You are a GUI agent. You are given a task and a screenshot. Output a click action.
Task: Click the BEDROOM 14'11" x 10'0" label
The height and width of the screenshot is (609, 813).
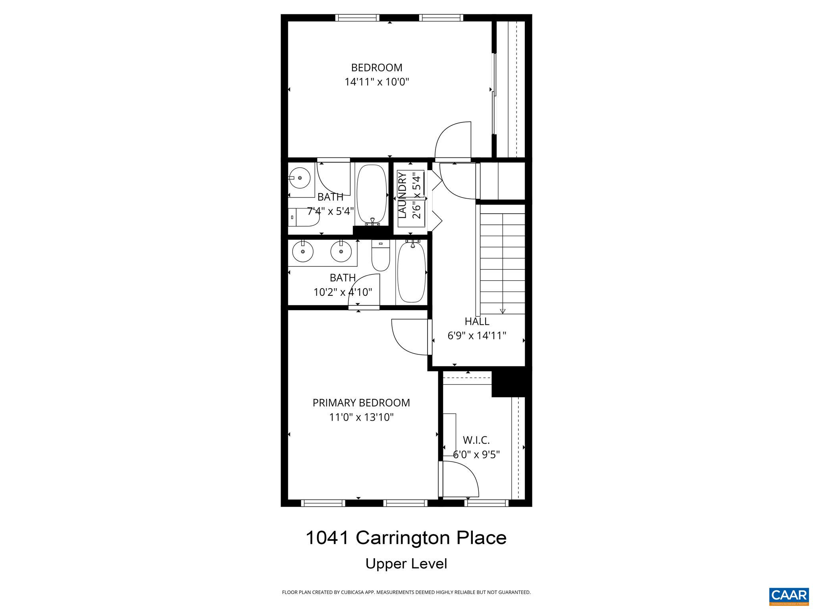(376, 75)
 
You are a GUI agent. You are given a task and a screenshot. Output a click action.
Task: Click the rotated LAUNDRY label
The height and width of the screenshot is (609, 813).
(402, 195)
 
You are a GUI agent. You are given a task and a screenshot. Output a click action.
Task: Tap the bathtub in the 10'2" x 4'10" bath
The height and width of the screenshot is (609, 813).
(411, 272)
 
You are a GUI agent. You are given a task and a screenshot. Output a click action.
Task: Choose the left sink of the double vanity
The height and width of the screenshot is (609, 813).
(303, 251)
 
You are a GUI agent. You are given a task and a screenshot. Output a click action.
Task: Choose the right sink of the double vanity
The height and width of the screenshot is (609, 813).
(341, 251)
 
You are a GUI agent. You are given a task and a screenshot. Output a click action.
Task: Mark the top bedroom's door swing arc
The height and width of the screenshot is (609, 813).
(453, 140)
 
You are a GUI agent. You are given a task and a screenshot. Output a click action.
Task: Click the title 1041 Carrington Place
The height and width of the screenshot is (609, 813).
(406, 538)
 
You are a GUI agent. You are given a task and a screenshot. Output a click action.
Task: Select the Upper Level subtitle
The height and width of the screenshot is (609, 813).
(406, 564)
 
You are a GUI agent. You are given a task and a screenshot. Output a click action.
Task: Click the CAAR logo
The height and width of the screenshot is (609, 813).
(789, 596)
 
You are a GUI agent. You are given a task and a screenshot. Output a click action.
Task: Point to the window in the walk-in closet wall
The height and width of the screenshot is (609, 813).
(486, 503)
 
